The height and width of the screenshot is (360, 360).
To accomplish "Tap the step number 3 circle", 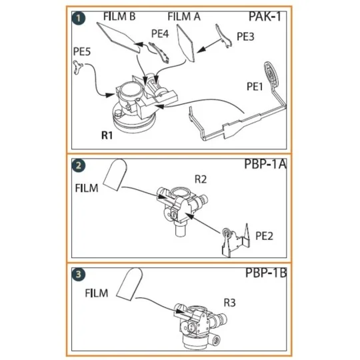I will [x=79, y=273].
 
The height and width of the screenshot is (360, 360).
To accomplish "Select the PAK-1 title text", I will [x=264, y=16].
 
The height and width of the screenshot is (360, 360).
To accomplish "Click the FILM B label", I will [x=121, y=15].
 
